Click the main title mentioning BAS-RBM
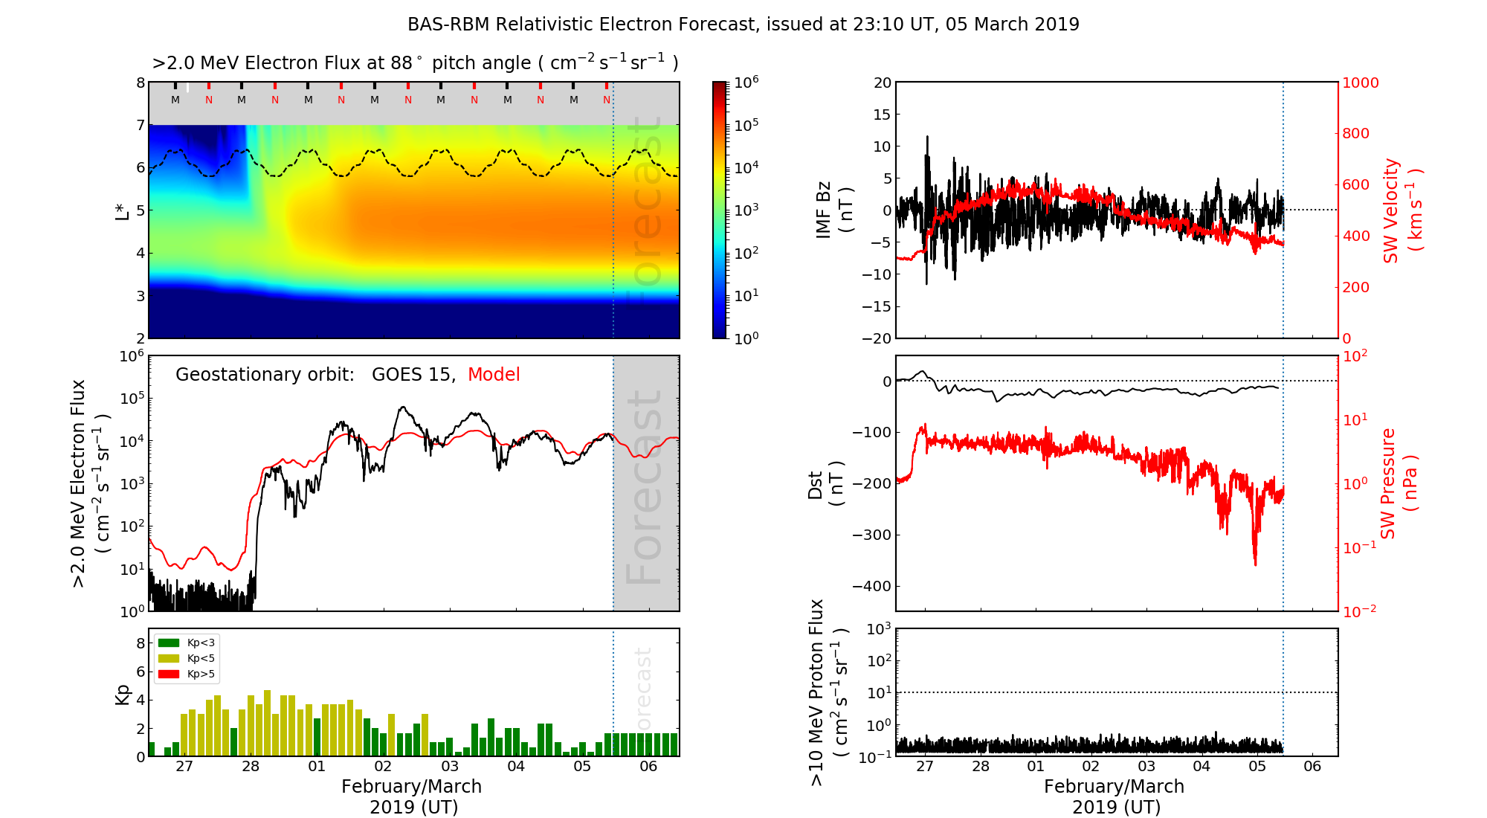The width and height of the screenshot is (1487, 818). [x=743, y=25]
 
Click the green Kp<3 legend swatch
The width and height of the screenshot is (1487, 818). [x=169, y=643]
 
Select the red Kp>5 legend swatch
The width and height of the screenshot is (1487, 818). [x=169, y=674]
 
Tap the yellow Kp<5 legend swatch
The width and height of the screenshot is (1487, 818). [x=169, y=658]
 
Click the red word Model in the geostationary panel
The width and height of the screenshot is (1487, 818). [x=494, y=375]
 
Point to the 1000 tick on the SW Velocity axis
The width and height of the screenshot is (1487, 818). [x=1360, y=83]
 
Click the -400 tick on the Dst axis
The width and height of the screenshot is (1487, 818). [x=871, y=586]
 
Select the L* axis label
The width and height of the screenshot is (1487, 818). [x=123, y=210]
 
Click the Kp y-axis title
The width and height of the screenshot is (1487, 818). [x=123, y=694]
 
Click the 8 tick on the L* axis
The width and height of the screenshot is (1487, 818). [x=140, y=83]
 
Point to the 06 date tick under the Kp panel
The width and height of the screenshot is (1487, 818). [x=648, y=767]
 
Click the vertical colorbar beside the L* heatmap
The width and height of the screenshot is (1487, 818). [x=720, y=210]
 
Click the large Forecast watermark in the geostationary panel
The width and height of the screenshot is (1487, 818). [x=644, y=487]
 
